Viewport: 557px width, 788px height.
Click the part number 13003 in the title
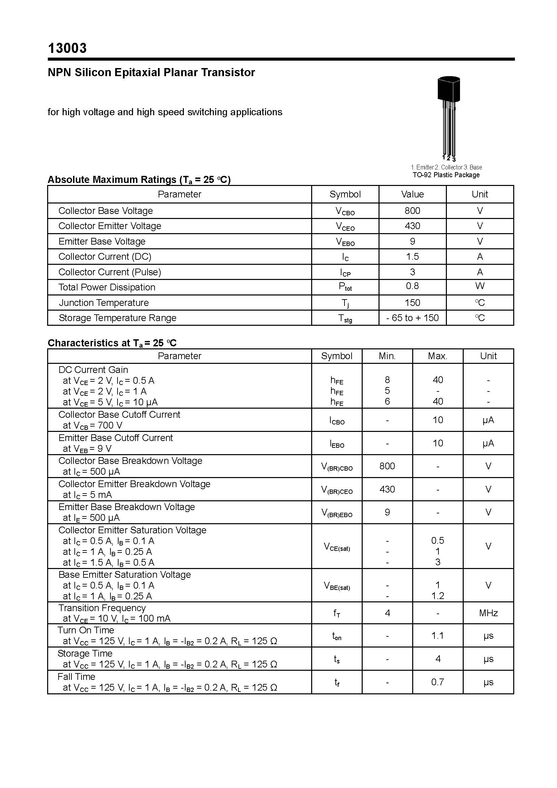coord(67,49)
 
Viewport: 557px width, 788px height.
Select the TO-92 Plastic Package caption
coord(446,175)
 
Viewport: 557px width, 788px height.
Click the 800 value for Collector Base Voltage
coord(412,211)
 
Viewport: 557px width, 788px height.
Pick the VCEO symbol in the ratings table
coord(345,226)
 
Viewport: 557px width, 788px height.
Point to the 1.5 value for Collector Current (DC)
coord(412,257)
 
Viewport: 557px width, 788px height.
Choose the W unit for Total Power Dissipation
coord(480,286)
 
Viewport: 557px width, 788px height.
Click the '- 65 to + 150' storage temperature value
coord(412,318)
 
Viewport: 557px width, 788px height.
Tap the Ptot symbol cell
coord(345,287)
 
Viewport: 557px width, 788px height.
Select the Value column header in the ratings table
coord(412,194)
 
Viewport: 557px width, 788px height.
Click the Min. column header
coord(387,356)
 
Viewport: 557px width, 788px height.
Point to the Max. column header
coord(438,356)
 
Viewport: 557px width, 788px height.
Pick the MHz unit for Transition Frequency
coord(488,613)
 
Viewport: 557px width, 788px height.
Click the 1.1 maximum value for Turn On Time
coord(438,636)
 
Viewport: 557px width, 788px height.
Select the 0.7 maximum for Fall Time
coord(438,682)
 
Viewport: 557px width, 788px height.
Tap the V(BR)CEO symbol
coord(337,490)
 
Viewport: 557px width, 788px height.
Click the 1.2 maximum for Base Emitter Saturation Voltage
coord(438,596)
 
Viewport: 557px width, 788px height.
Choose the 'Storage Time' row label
coord(85,654)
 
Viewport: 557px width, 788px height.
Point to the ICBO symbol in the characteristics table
coord(337,420)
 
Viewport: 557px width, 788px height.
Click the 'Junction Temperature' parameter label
coord(104,303)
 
